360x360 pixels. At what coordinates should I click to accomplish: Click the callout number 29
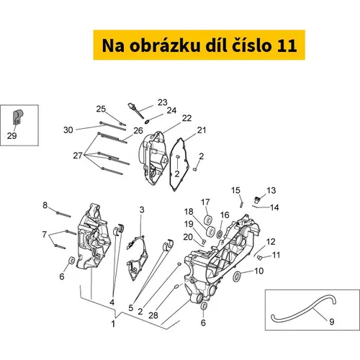click(12, 136)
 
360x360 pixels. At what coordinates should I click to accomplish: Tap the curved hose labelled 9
click(304, 310)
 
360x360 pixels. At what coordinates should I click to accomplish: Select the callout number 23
click(163, 102)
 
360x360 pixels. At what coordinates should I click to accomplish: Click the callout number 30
click(68, 130)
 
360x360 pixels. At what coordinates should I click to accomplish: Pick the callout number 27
click(78, 156)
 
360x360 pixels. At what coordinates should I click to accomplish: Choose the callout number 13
click(271, 190)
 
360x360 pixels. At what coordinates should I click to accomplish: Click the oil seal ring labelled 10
click(237, 276)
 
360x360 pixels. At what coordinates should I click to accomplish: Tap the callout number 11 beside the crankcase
click(276, 255)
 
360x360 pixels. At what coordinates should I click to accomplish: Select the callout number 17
click(205, 202)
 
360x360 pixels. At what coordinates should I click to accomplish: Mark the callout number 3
click(142, 210)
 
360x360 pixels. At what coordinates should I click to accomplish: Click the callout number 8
click(45, 205)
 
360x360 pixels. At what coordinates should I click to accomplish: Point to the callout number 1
click(113, 324)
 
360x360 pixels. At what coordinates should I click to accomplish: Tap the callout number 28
click(153, 315)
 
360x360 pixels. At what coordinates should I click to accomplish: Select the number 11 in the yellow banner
click(287, 46)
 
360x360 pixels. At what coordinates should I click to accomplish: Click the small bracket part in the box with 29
click(17, 117)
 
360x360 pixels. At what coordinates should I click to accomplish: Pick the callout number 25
click(101, 109)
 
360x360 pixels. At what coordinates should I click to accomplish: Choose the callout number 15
click(235, 190)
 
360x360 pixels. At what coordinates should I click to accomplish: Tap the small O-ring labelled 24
click(147, 122)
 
